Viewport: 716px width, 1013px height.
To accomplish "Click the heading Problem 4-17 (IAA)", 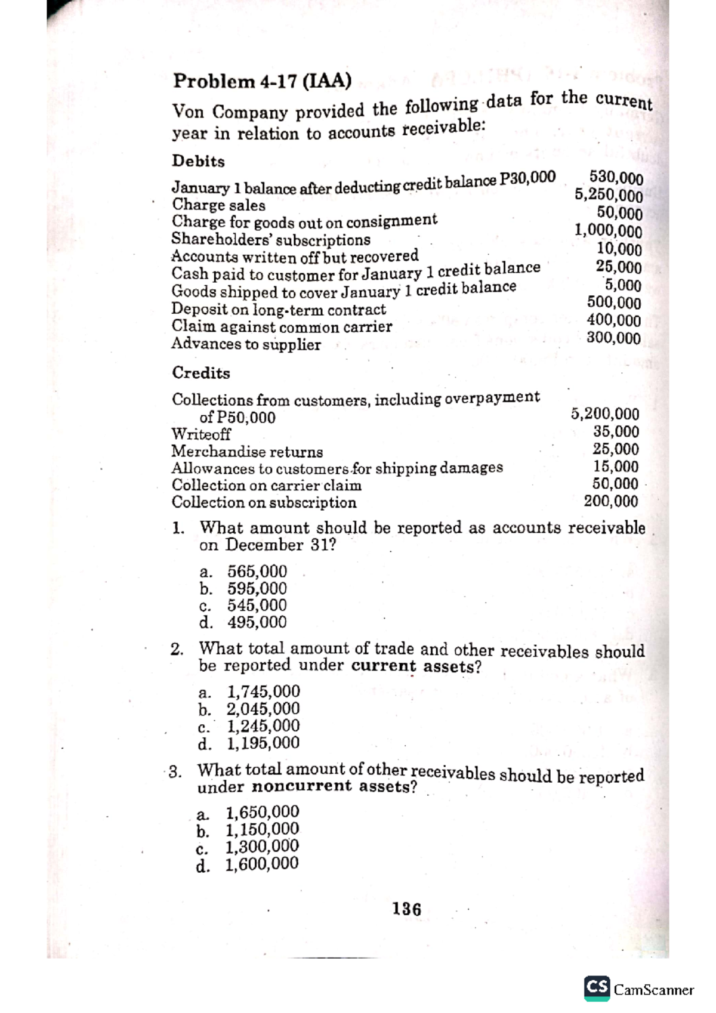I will click(x=261, y=81).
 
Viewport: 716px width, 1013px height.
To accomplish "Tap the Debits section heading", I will click(x=198, y=161).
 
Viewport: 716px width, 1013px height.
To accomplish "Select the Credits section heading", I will click(x=200, y=373).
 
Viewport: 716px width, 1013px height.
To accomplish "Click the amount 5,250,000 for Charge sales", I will click(x=608, y=194).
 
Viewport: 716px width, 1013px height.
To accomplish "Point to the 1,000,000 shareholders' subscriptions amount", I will click(x=608, y=230).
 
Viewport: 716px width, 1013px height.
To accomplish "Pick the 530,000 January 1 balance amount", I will click(x=616, y=177).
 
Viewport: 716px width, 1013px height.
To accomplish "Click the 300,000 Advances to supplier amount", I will click(x=613, y=338).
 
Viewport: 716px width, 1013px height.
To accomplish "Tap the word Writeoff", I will click(x=200, y=434).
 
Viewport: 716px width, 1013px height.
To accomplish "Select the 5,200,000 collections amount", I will click(x=604, y=413).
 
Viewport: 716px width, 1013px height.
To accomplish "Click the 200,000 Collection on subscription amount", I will click(x=610, y=501).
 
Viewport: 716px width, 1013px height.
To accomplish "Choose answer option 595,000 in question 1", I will click(x=257, y=588).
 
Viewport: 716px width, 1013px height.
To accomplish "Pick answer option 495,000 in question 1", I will click(x=257, y=622).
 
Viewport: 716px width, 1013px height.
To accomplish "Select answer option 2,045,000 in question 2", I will click(x=263, y=709).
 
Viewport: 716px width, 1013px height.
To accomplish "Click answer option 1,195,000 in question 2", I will click(x=263, y=743).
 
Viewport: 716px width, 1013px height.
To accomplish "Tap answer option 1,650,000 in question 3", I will click(x=262, y=812).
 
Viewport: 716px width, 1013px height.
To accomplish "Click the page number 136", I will click(x=406, y=909).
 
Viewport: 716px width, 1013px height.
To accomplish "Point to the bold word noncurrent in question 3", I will click(x=302, y=787).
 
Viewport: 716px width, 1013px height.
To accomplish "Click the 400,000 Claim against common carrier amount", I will click(x=613, y=320).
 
